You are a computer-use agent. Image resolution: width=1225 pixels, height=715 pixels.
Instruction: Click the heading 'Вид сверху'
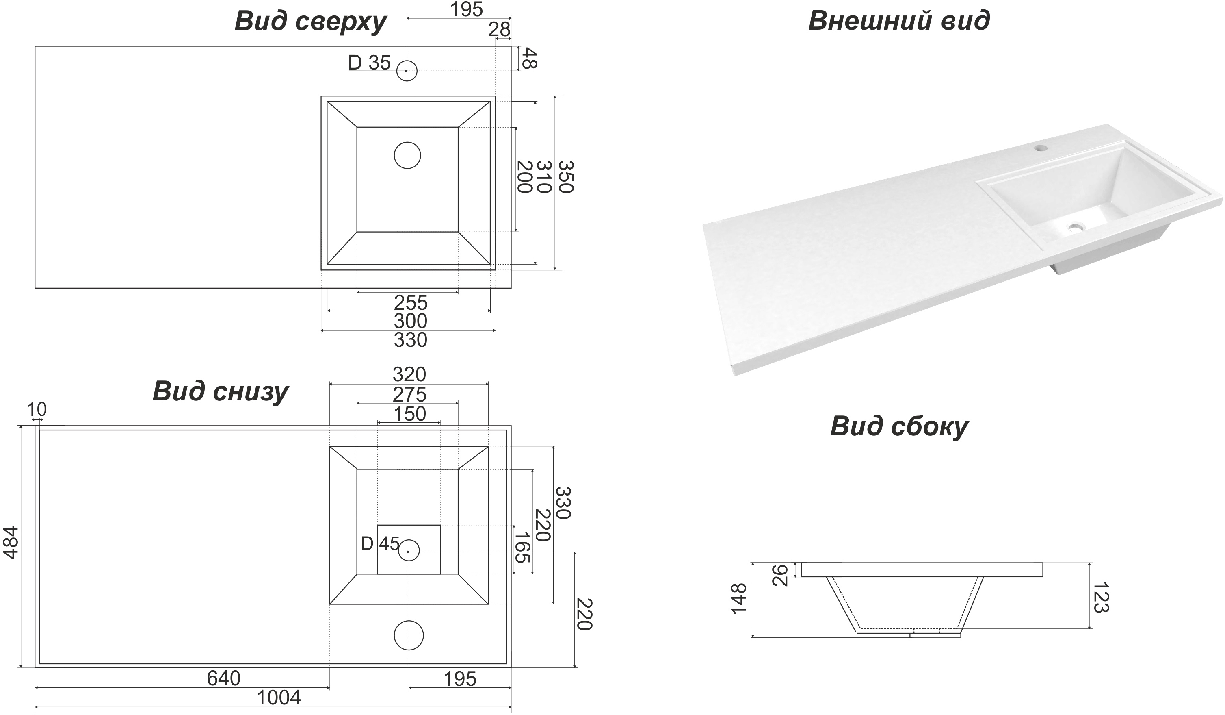click(310, 22)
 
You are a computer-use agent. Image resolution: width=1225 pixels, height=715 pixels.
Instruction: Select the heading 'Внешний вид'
click(899, 21)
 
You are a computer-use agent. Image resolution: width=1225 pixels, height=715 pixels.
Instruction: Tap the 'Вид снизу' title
click(220, 391)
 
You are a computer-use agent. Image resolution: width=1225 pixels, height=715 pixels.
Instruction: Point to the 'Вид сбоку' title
click(899, 426)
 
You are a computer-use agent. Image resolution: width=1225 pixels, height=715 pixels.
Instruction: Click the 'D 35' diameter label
click(370, 63)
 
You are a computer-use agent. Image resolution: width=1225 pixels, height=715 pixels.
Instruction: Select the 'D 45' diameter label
click(380, 543)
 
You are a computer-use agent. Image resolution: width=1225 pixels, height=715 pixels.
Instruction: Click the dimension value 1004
click(279, 698)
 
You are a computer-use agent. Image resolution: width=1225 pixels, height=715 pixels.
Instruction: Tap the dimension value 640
click(224, 678)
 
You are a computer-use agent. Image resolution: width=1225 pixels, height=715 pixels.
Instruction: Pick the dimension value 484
click(11, 542)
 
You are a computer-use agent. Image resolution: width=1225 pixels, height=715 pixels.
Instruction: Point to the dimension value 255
click(410, 302)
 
